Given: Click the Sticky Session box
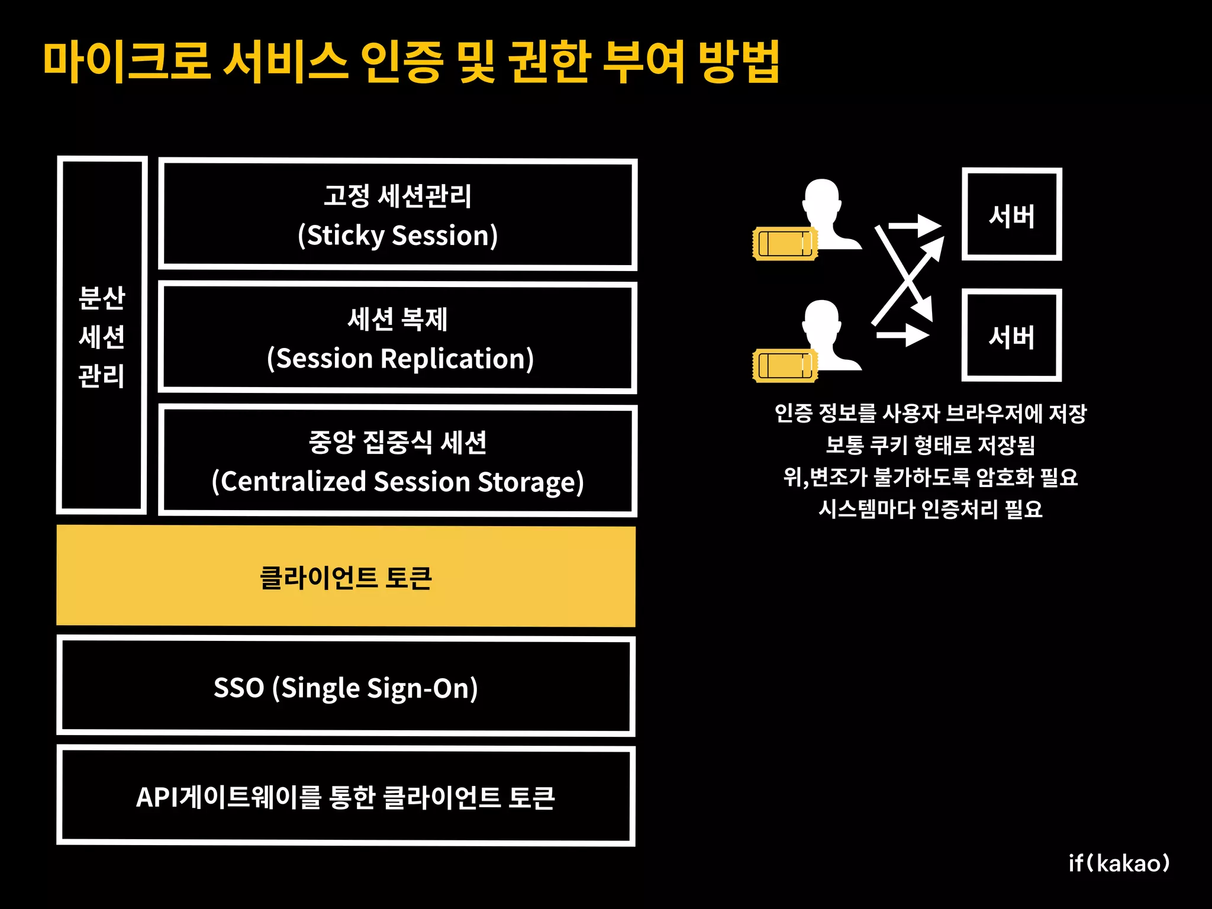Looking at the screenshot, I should (398, 214).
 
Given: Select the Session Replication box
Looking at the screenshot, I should (398, 338).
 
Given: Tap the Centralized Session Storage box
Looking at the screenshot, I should (398, 461).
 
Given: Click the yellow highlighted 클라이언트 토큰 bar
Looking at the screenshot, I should (346, 577).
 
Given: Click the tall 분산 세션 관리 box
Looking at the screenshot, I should (102, 336).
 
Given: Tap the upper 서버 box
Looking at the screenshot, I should (1011, 215).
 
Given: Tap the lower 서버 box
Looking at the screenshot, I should (1011, 336).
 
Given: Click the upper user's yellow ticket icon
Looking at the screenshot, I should (785, 243).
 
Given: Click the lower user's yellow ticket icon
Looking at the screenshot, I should (785, 365).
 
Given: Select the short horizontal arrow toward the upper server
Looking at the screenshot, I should (914, 225).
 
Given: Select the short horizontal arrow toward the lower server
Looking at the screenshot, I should (902, 336).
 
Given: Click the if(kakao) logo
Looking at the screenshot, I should (1118, 863).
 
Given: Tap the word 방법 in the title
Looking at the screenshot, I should (738, 62).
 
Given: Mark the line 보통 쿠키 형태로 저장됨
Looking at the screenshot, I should (930, 445).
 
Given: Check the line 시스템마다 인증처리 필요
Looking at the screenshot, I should (930, 509).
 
